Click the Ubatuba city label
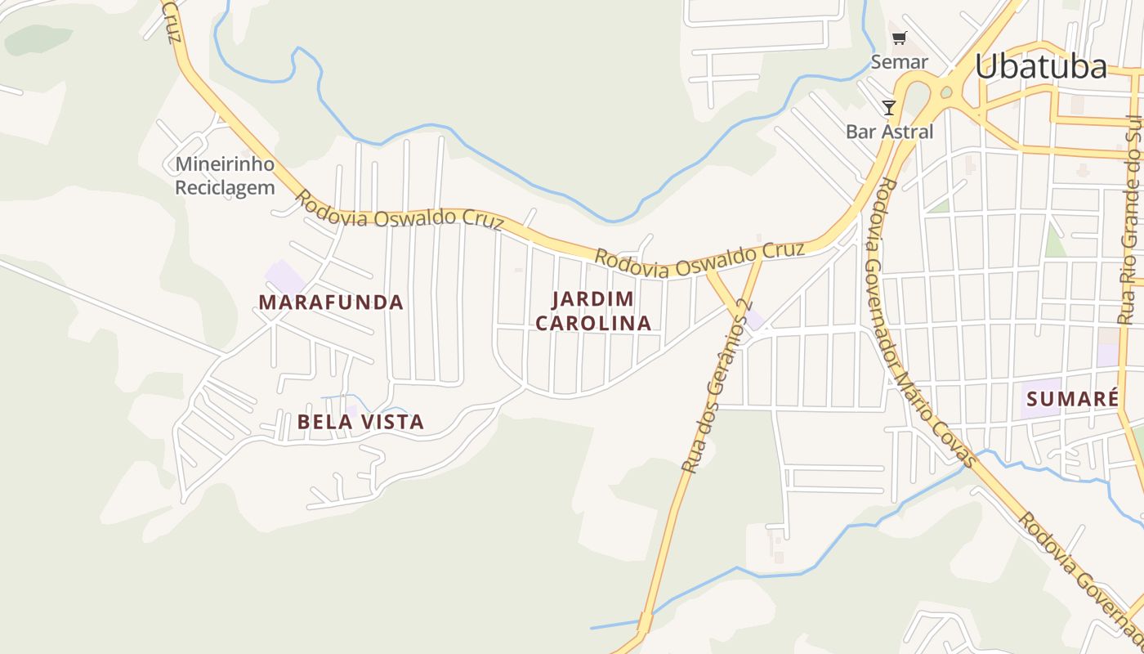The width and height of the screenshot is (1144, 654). pyautogui.click(x=1040, y=67)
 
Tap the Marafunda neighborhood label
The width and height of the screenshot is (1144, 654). pyautogui.click(x=331, y=302)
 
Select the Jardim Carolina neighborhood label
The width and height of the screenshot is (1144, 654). pyautogui.click(x=594, y=311)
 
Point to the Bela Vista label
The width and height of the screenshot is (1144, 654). pyautogui.click(x=360, y=422)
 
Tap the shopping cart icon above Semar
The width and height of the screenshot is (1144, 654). pyautogui.click(x=899, y=38)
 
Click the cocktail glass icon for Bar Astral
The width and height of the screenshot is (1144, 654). pyautogui.click(x=889, y=107)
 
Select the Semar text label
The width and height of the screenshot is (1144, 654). pyautogui.click(x=899, y=62)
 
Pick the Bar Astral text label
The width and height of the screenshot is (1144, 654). pyautogui.click(x=889, y=132)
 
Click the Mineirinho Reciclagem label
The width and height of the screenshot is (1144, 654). pyautogui.click(x=225, y=176)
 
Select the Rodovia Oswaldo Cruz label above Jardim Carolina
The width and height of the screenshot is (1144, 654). pyautogui.click(x=699, y=260)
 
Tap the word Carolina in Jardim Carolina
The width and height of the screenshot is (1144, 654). pyautogui.click(x=594, y=323)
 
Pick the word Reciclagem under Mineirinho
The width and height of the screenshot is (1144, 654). pyautogui.click(x=225, y=188)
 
